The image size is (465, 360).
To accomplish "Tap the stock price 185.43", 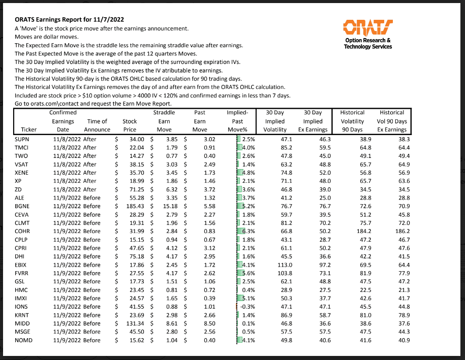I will coord(134,205).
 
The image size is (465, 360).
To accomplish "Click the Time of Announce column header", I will coord(97,125).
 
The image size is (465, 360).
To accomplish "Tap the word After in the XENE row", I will coord(90,172).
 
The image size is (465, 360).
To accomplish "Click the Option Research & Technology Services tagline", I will coord(368,43).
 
